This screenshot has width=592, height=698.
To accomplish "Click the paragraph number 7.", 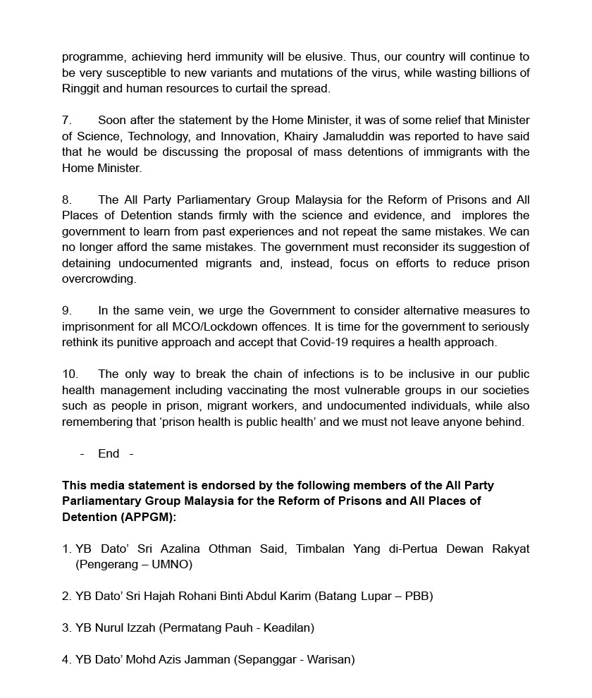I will point(67,121).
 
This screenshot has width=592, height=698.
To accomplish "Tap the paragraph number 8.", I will point(67,200).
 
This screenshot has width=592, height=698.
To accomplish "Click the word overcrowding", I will point(99,279).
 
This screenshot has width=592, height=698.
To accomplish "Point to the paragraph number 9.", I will point(67,311).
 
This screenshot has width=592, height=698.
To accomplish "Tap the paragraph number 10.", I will point(70,374).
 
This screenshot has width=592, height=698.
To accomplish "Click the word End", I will point(109,454).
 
